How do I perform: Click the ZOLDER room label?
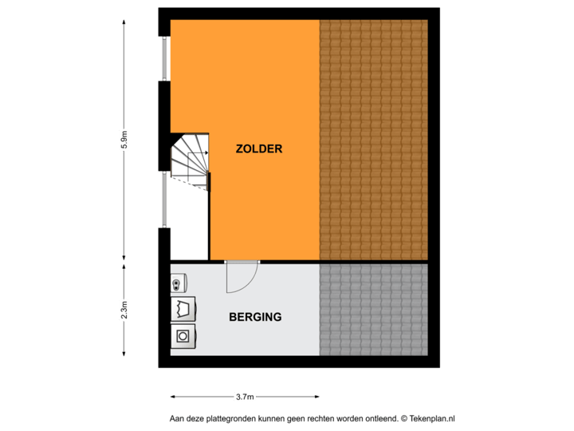[259, 149]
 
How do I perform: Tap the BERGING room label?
[255, 317]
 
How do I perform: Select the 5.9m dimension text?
[124, 141]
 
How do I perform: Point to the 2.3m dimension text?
[124, 310]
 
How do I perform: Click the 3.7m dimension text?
[244, 397]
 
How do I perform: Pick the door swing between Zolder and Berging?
[240, 277]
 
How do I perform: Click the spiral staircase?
[191, 161]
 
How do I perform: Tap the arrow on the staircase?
[206, 152]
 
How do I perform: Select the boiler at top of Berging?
[178, 283]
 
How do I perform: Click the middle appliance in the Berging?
[183, 309]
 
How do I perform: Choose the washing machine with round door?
[183, 336]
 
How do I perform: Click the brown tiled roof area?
[373, 140]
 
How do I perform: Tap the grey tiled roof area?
[373, 309]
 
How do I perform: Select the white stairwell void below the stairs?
[190, 227]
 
